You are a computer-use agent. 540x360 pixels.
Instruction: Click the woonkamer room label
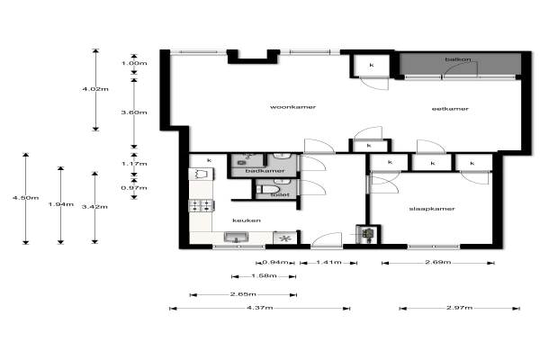tap(292, 107)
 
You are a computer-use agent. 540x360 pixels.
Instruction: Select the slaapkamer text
tap(432, 209)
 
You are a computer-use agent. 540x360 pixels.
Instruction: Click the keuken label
tap(247, 220)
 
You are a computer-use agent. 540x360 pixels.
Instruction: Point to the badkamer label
tap(265, 171)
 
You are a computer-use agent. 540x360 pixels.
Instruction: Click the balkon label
tap(458, 59)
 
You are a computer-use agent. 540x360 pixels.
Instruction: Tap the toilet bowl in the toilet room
tap(270, 189)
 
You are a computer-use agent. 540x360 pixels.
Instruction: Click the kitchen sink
tap(236, 237)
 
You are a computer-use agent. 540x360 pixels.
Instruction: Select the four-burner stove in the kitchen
tap(202, 206)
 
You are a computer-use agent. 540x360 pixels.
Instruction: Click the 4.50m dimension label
tap(26, 198)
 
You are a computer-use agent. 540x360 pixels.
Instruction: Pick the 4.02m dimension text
tap(95, 89)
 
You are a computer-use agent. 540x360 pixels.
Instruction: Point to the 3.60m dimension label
tap(134, 112)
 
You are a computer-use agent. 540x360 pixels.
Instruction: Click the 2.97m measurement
tap(459, 308)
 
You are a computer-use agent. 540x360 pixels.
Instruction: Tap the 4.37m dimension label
tap(260, 308)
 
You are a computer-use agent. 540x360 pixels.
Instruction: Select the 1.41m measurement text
tap(328, 263)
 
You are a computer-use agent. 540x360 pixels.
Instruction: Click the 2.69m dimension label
tap(437, 262)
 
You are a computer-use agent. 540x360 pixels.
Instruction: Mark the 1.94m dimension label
tap(61, 204)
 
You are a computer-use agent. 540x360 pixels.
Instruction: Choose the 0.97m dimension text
tap(134, 188)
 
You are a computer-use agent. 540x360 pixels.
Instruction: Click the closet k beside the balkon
tap(372, 65)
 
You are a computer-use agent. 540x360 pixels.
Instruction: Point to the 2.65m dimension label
tap(243, 294)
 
